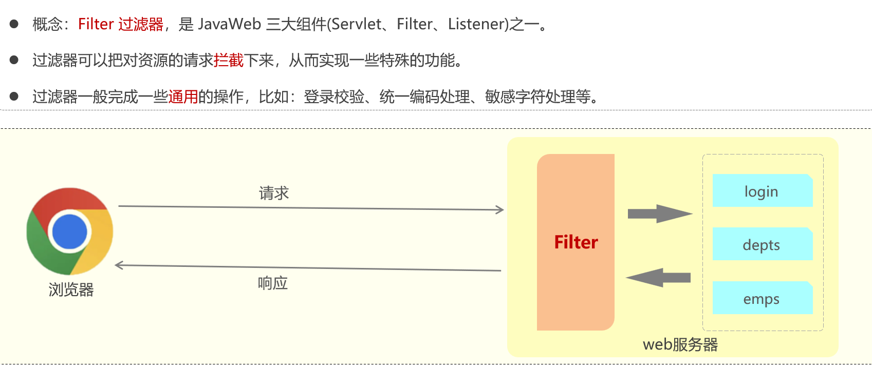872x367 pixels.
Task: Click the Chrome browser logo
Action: point(70,231)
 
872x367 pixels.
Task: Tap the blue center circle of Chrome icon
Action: point(70,231)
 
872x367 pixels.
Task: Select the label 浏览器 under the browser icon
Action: point(71,290)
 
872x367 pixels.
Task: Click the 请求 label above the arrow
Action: point(274,194)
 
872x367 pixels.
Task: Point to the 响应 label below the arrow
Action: point(273,283)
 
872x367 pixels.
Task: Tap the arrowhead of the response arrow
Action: point(119,265)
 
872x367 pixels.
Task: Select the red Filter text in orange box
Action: point(576,242)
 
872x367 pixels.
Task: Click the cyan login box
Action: point(762,191)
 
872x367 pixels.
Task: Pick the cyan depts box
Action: point(762,244)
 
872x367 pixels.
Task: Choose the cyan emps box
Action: point(762,298)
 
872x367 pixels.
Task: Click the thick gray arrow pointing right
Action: point(660,214)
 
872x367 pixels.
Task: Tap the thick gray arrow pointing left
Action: point(659,278)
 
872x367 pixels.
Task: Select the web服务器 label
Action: point(680,344)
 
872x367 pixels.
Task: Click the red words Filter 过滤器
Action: point(121,24)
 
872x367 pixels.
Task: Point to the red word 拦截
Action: point(229,61)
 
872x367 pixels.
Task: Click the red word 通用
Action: point(183,96)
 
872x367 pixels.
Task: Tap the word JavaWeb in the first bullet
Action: point(230,24)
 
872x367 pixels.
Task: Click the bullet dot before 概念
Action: point(14,24)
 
